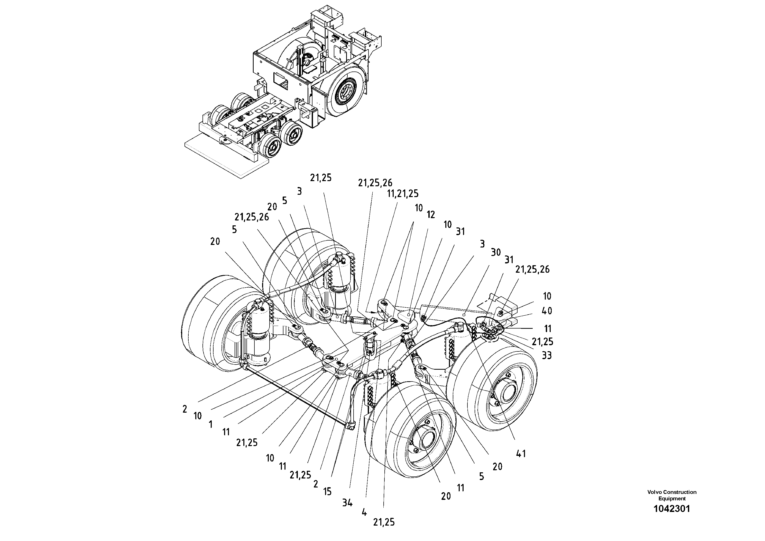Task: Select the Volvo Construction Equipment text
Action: (x=672, y=495)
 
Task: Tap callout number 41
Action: (x=521, y=454)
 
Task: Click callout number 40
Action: (x=547, y=311)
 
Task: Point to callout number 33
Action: (x=546, y=356)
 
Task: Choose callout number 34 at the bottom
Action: (x=347, y=503)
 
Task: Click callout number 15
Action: (x=328, y=492)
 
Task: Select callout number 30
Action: (x=496, y=252)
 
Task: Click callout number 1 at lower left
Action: (x=210, y=425)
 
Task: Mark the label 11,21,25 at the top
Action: (x=402, y=193)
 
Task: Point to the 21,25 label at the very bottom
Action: (x=384, y=522)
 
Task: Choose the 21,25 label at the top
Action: (x=321, y=178)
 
